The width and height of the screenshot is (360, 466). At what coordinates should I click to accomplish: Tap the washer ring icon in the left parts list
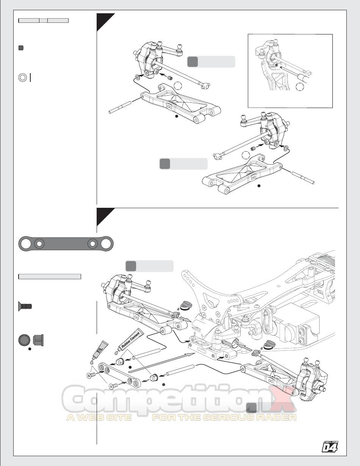[x=22, y=77]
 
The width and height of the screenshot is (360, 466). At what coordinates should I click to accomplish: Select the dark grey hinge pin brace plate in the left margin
[x=66, y=243]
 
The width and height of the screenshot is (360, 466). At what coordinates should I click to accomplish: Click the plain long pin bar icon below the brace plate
[x=50, y=276]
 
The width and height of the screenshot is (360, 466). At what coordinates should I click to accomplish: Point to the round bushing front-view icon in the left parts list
[x=24, y=340]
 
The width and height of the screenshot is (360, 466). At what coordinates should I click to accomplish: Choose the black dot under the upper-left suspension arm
[x=176, y=117]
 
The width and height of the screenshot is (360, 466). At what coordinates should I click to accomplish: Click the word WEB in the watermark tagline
[x=98, y=417]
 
